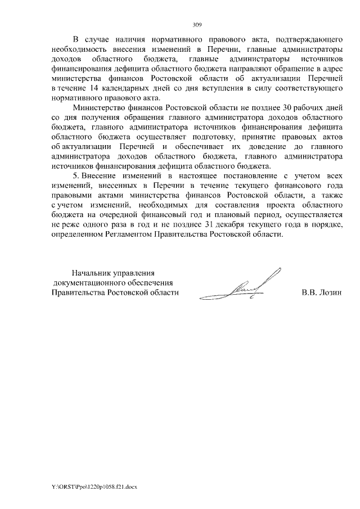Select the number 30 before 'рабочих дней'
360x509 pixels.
(x=274, y=107)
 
